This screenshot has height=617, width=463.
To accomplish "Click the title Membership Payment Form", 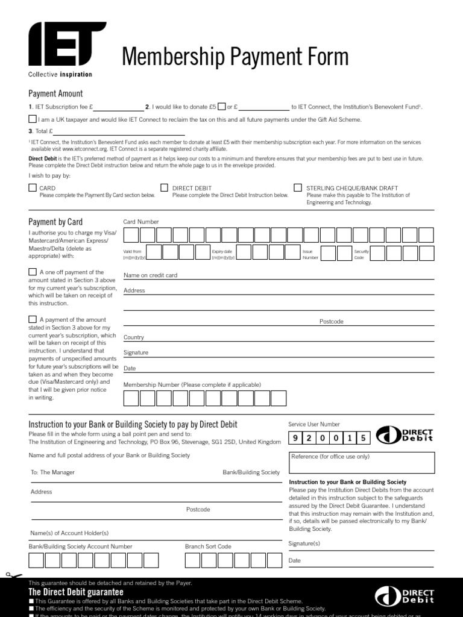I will (235, 57).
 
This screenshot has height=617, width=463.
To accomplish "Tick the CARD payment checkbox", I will (33, 188).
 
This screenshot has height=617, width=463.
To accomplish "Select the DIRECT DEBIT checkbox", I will (165, 188).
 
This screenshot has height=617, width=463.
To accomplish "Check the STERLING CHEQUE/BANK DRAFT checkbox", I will (298, 188).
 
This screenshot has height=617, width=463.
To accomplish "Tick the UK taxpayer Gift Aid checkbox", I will (33, 119).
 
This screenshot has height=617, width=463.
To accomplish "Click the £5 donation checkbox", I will (222, 107).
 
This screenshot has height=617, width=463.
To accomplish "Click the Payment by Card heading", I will (55, 222).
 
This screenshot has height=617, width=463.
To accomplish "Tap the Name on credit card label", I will (150, 275).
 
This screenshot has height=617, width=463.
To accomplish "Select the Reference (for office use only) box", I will (362, 462).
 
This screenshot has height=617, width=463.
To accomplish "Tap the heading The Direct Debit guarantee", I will (76, 593).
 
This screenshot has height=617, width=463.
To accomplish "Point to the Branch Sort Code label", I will (208, 547).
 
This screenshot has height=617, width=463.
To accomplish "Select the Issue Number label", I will (310, 254).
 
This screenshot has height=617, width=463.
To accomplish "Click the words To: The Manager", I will (52, 472).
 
